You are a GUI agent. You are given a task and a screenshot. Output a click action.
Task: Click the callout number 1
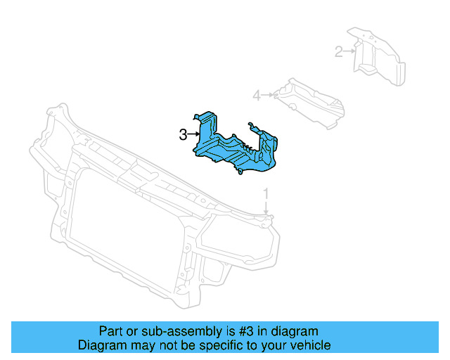pos(266,193)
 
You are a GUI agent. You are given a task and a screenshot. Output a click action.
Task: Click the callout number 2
pos(338,51)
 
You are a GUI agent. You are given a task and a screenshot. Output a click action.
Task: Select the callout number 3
pos(183,134)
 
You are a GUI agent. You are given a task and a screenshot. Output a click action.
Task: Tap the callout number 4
pos(257,95)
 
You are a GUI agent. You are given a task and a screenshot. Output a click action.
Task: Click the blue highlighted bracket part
pos(236,148)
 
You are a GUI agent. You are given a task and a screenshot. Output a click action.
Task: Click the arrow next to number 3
pos(193,134)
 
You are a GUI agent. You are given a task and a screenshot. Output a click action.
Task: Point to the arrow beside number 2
pos(349,51)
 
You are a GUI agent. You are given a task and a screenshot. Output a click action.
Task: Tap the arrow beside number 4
pos(268,95)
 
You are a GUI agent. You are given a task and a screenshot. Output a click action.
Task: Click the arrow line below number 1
pos(266,207)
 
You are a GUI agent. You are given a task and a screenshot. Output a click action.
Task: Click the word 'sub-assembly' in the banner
pos(167,331)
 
